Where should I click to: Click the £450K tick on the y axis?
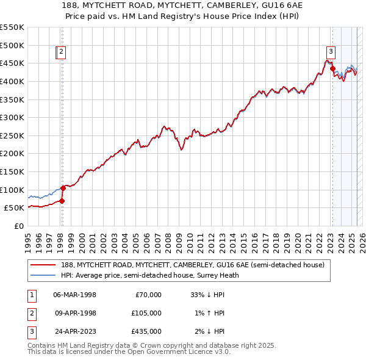coord(12,63)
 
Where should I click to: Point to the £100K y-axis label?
coord(12,190)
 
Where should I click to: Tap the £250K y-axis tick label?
coord(12,135)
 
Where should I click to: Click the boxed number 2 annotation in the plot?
coord(62,52)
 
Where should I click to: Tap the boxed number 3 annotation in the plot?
coord(331,52)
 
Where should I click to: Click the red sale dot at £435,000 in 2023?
coord(332,68)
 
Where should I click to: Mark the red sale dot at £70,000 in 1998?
coord(62,201)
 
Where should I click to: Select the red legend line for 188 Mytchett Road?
coord(44,264)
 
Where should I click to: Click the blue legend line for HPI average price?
coord(44,275)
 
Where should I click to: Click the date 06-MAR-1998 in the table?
coord(74,295)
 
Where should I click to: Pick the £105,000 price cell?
coord(145,313)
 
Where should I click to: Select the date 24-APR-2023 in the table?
coord(74,331)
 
